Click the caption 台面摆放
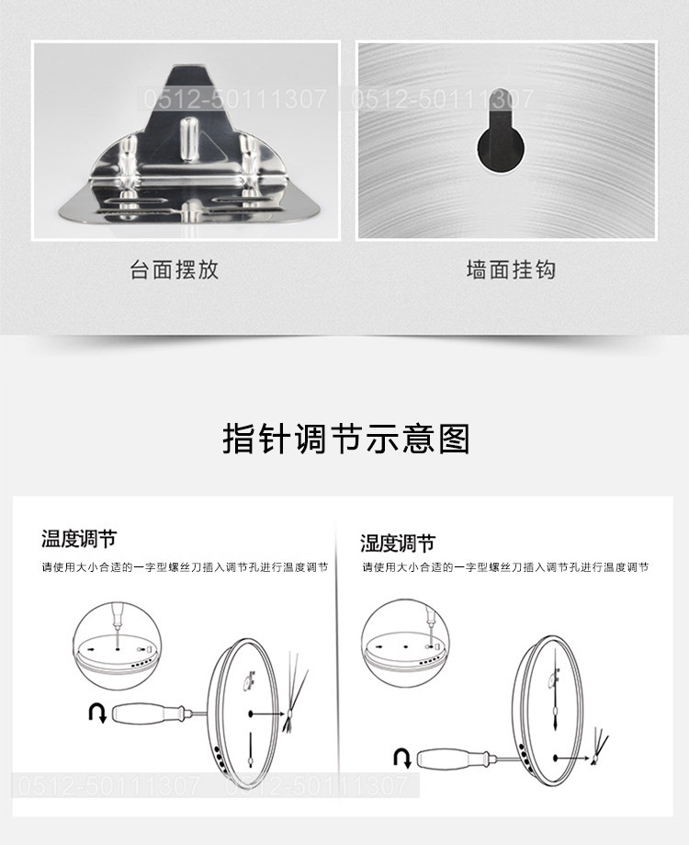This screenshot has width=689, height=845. [174, 269]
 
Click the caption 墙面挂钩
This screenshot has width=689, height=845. [511, 269]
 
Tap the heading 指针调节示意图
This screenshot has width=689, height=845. [346, 439]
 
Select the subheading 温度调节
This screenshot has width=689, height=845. [79, 539]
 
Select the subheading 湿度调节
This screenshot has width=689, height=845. [398, 543]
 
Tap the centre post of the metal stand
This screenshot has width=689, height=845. [188, 138]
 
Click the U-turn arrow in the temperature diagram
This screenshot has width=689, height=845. [97, 713]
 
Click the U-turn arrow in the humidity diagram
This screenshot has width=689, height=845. [402, 757]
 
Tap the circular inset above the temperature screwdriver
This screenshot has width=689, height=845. [117, 646]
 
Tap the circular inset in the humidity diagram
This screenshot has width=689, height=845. [406, 643]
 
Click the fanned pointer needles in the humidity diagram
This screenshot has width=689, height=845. [599, 747]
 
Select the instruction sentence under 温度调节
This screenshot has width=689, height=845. [186, 567]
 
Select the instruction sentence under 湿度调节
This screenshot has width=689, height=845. [505, 567]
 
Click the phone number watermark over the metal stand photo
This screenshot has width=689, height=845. [235, 98]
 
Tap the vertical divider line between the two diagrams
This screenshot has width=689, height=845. [338, 663]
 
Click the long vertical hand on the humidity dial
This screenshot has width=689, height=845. [555, 690]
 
